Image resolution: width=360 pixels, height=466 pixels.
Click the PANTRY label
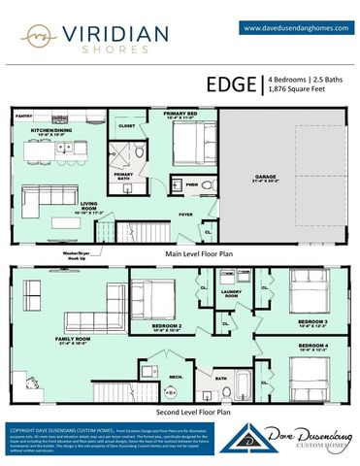click(x=24, y=116)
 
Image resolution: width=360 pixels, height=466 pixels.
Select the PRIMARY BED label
click(x=182, y=115)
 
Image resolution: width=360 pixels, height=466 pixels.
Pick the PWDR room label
click(x=192, y=183)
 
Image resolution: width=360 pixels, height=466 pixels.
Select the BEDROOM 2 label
click(x=166, y=326)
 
